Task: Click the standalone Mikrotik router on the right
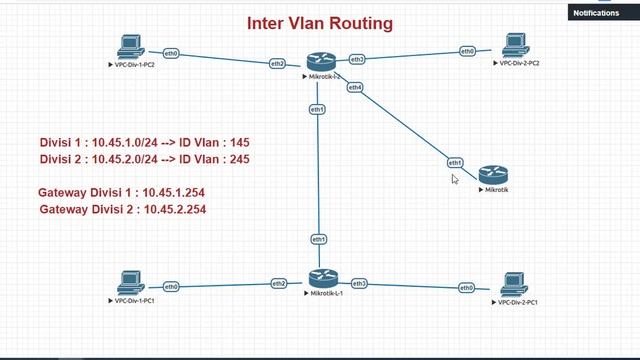tap(494, 175)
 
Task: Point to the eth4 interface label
tap(355, 87)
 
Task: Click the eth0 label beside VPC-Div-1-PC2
tap(172, 53)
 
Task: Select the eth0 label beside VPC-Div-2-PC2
tap(467, 51)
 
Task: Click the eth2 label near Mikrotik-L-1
tap(278, 284)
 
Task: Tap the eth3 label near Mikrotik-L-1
tap(359, 284)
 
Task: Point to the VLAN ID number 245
tap(238, 159)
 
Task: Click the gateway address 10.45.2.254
tap(175, 209)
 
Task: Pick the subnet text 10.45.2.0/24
tap(127, 159)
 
